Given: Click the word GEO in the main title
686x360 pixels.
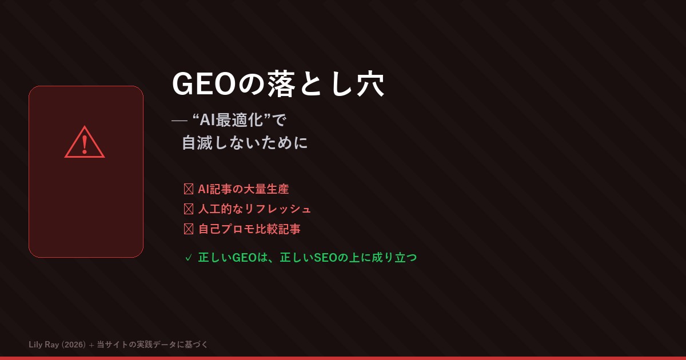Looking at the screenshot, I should click(204, 84).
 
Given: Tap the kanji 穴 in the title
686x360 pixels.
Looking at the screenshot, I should click(369, 84).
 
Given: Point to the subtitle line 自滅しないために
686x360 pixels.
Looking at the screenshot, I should click(245, 142).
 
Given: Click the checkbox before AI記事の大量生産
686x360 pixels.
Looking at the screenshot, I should click(189, 189).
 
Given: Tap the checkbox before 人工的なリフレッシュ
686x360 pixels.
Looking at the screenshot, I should click(189, 209).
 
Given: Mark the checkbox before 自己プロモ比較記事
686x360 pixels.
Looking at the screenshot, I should click(189, 229).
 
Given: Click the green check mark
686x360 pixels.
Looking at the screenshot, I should click(188, 258).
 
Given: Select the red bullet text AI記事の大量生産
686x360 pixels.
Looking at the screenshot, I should click(244, 189).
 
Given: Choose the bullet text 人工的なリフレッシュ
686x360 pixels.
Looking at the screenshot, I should click(254, 209).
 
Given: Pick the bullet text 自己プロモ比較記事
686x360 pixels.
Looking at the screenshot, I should click(249, 229).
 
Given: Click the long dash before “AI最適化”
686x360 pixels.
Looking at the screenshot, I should click(180, 121).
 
